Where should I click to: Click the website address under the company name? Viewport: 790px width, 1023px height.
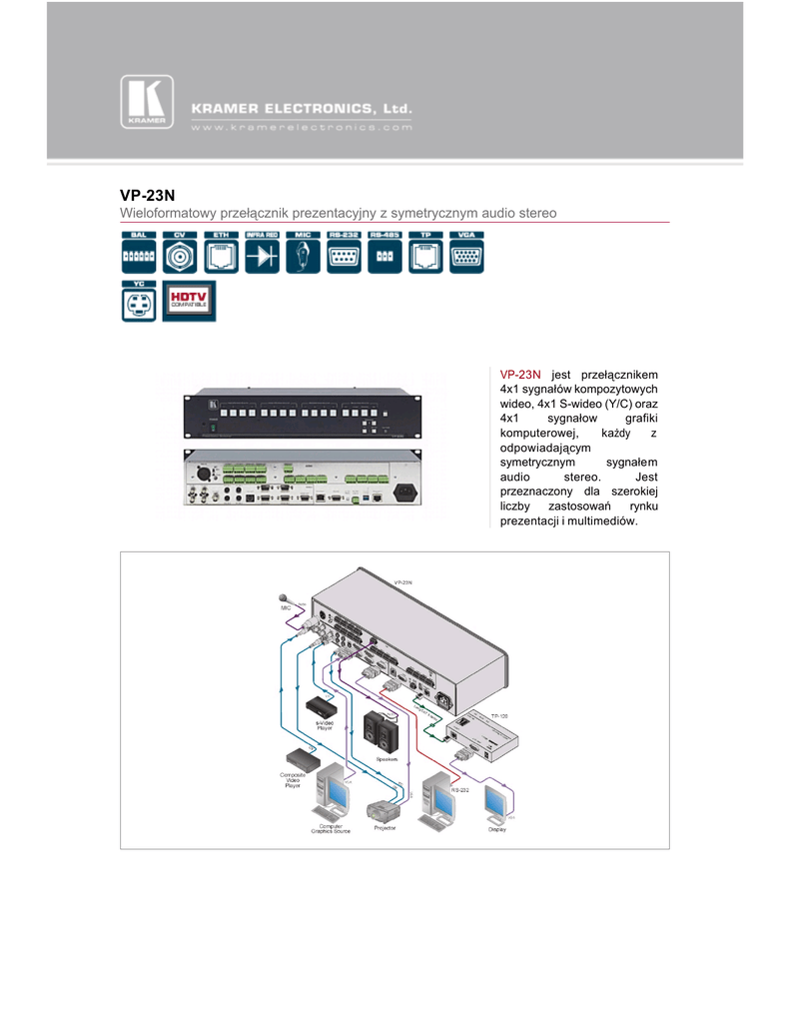(301, 128)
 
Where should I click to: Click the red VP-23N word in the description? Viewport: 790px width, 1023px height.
(519, 374)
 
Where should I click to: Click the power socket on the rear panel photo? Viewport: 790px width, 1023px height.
(406, 491)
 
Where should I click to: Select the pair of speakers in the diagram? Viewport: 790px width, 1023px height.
(381, 732)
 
